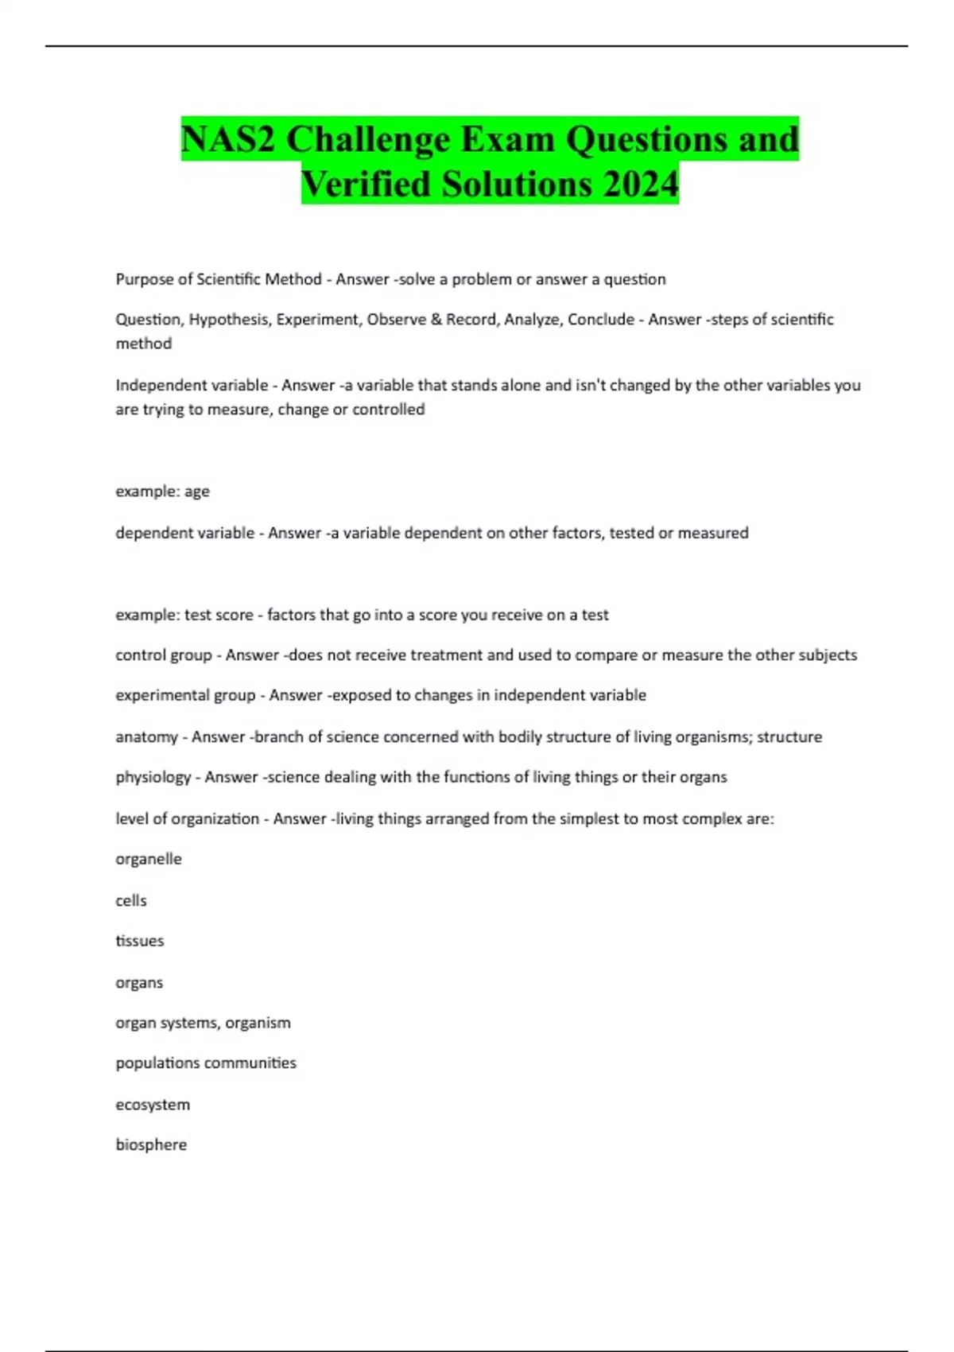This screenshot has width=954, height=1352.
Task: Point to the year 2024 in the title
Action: click(640, 184)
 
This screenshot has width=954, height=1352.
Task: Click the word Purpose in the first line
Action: click(144, 279)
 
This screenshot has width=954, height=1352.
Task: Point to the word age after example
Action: click(196, 491)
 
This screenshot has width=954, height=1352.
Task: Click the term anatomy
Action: click(146, 737)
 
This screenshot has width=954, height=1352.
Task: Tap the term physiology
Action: click(153, 777)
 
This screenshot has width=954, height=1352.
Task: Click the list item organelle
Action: click(149, 859)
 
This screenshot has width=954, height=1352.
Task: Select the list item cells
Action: click(131, 900)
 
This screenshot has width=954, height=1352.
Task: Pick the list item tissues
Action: click(140, 941)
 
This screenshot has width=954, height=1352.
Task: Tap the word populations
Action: click(157, 1063)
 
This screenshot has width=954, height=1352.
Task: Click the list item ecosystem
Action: click(153, 1105)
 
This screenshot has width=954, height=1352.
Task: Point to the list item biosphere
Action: click(151, 1144)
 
